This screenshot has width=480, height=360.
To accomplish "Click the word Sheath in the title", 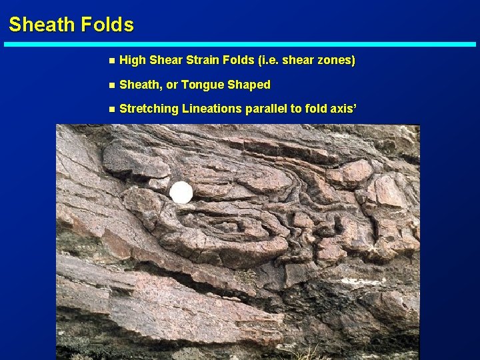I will point(41,25).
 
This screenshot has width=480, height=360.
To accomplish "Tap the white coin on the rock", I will point(181,193).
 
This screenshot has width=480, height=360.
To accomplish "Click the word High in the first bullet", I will point(133,61).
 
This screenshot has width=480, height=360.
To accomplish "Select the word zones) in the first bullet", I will point(336,61).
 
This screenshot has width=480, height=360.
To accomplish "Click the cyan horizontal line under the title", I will point(240,45).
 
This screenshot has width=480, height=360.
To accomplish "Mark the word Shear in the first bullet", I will point(164,61).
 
